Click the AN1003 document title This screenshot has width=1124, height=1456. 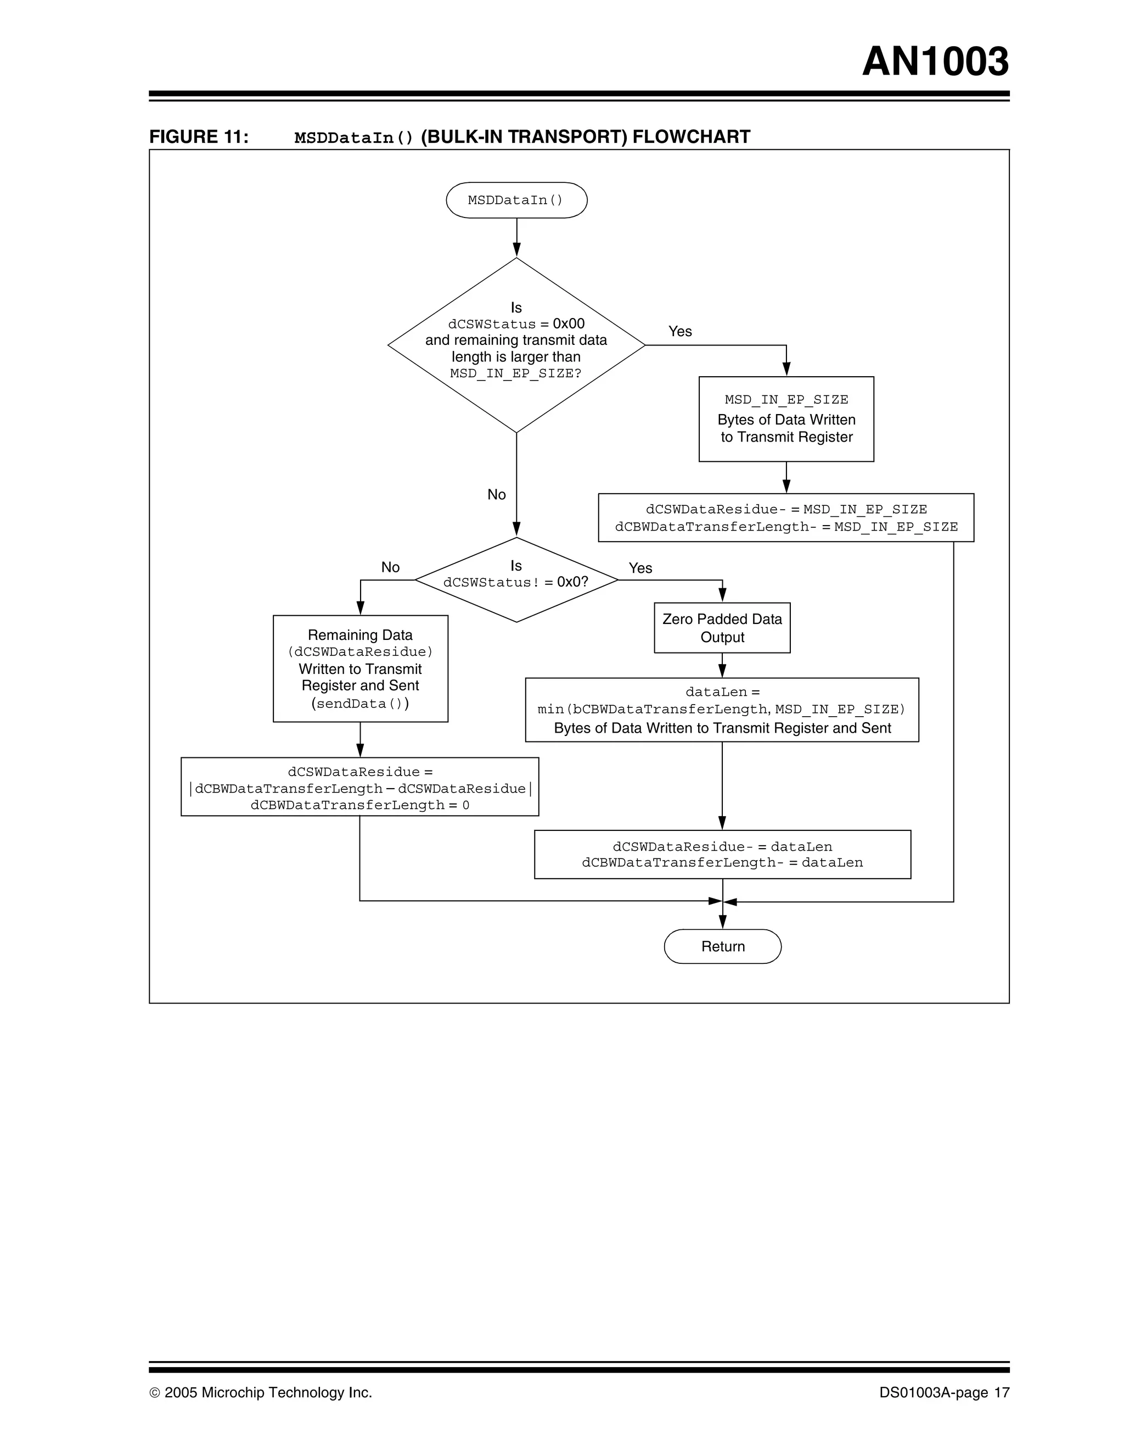935,62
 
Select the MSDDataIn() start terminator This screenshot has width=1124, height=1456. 516,200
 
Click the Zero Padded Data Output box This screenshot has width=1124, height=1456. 722,628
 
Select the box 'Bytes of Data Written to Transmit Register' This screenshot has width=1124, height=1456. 786,419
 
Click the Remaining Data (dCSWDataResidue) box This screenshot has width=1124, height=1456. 361,668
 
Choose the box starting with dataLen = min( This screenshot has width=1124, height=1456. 722,710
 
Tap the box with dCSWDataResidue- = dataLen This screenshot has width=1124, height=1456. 722,854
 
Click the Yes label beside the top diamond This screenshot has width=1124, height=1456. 680,331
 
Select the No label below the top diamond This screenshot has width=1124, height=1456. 496,495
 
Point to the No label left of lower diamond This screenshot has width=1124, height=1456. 390,567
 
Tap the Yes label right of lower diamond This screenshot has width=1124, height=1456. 640,568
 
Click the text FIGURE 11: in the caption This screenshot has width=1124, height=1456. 199,137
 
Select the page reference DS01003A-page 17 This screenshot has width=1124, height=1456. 944,1393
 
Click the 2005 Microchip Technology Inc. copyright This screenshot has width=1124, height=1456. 261,1393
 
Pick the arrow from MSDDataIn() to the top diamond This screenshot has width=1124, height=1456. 516,237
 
